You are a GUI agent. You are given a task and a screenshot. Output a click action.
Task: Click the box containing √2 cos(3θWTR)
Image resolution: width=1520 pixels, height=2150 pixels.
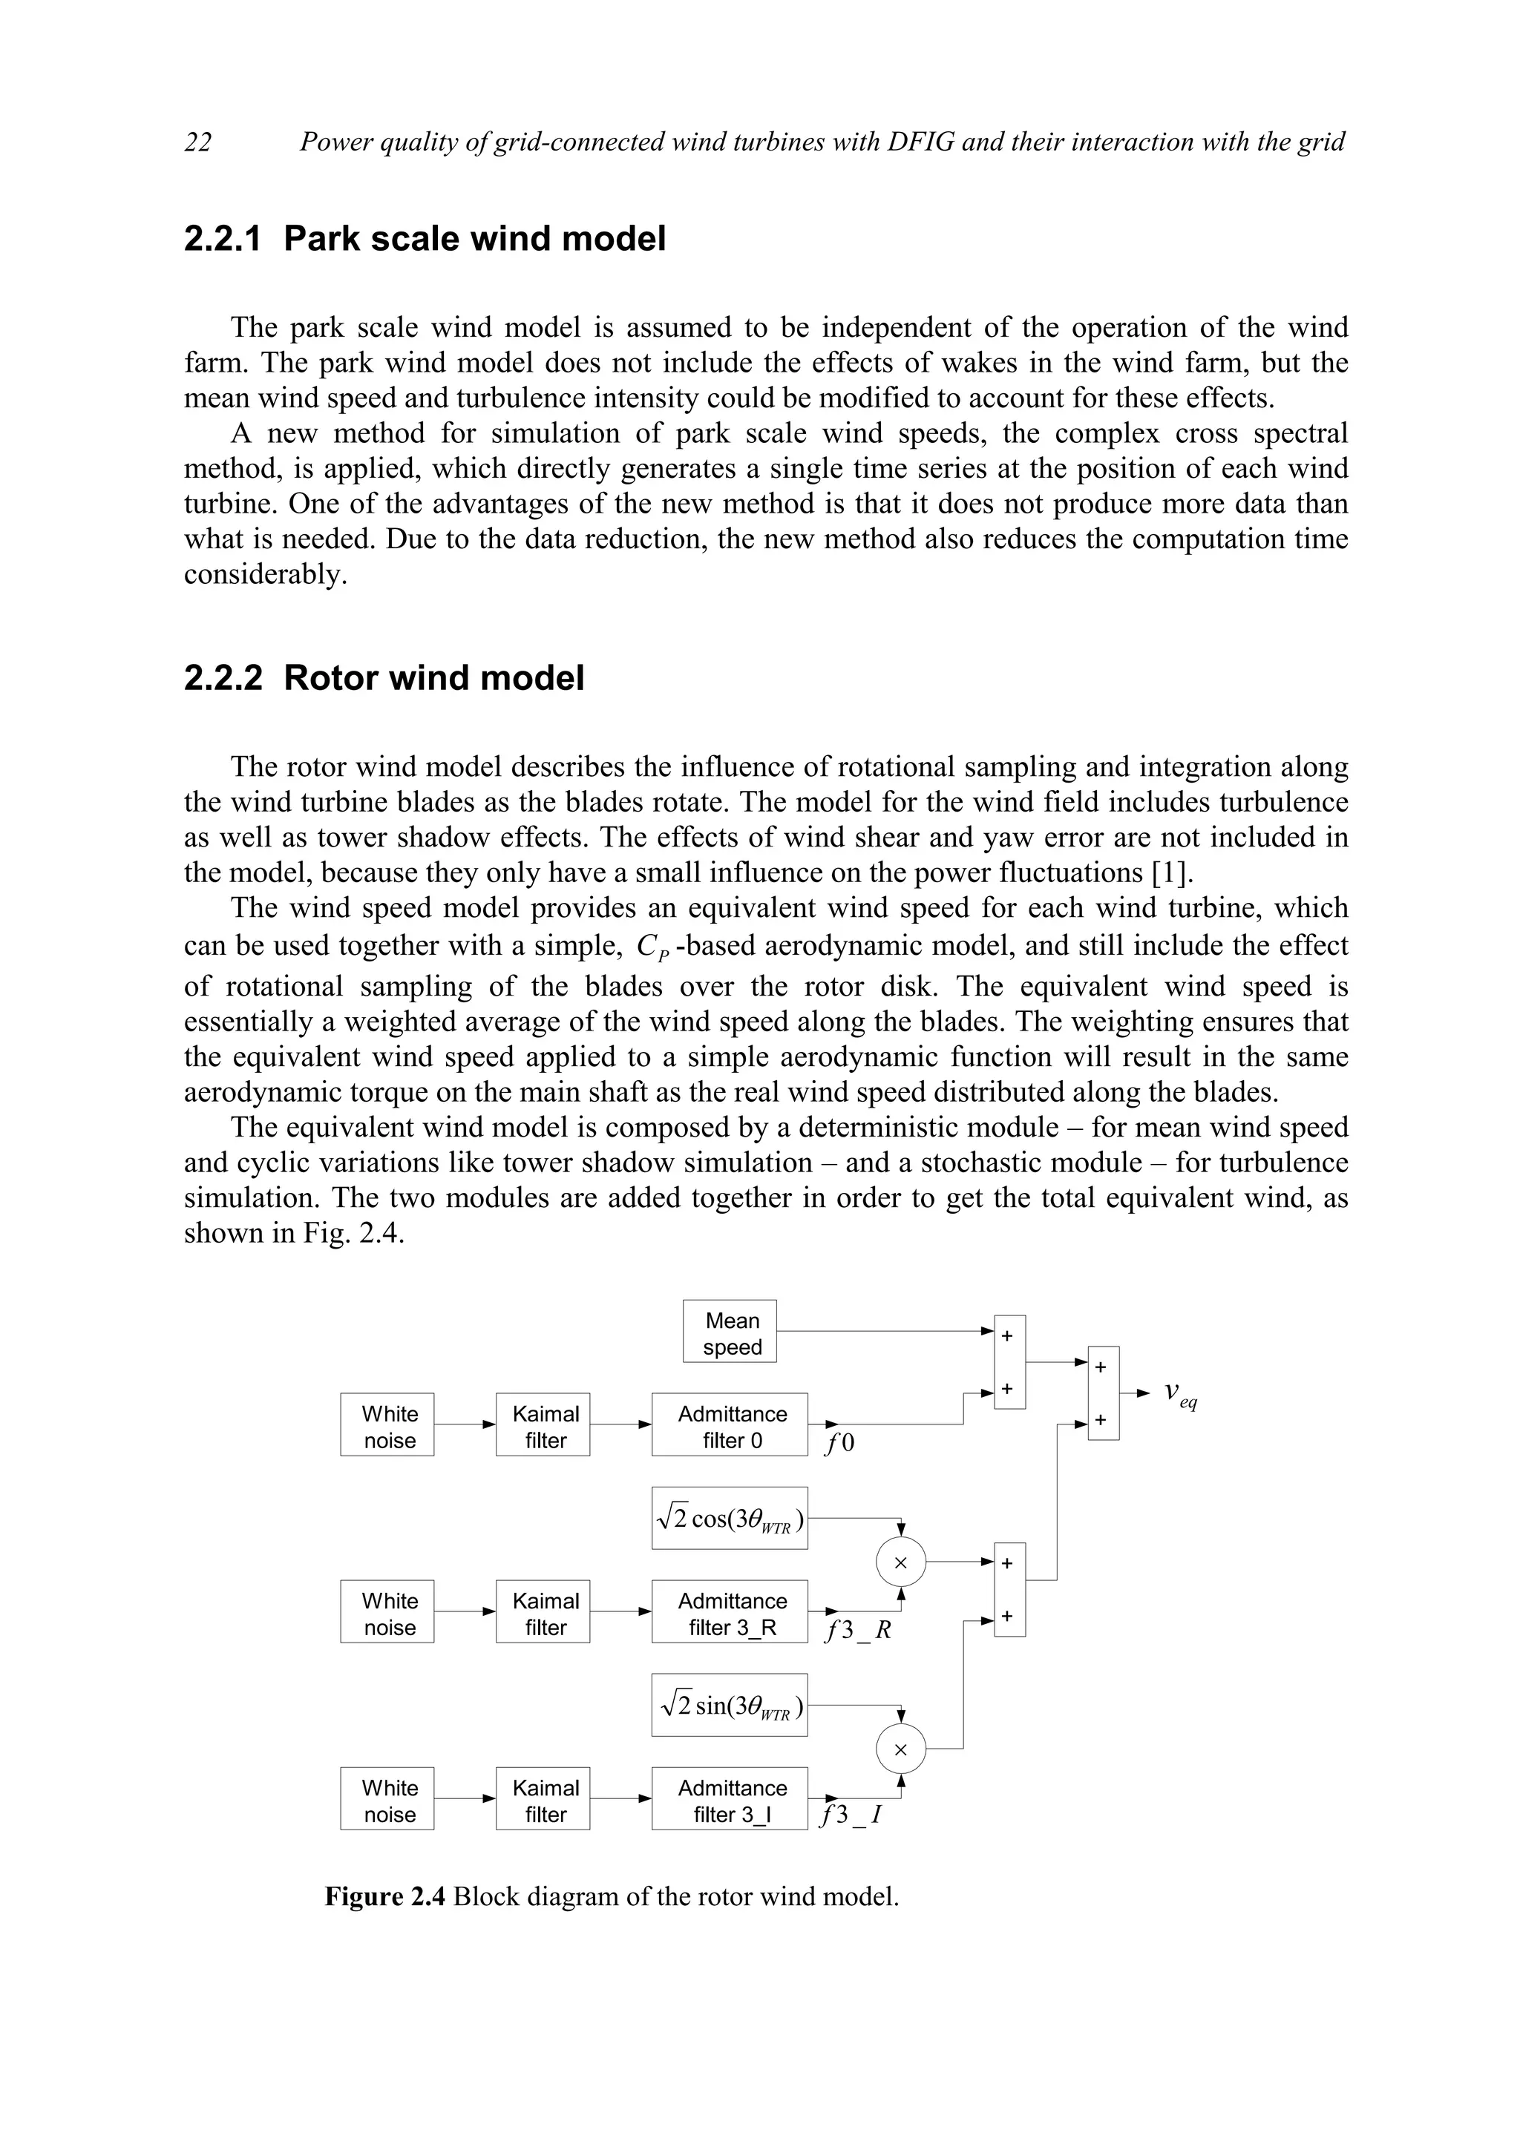[x=730, y=1518]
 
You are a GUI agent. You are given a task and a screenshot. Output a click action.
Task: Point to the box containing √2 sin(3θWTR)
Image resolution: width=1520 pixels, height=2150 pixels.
[x=730, y=1705]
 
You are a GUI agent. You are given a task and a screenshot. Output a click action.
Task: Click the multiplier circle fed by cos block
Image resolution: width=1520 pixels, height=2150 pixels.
[x=900, y=1562]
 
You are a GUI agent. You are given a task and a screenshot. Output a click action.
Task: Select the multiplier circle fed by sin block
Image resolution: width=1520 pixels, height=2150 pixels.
[x=900, y=1749]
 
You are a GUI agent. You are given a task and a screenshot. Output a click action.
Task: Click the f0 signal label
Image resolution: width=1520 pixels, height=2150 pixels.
[x=840, y=1443]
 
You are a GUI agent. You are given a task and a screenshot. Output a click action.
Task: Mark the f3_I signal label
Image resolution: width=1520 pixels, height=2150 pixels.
[x=851, y=1815]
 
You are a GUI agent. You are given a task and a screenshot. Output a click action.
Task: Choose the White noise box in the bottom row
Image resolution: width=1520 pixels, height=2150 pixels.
[x=387, y=1799]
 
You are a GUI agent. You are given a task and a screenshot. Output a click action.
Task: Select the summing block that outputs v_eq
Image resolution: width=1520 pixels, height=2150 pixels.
[x=1103, y=1393]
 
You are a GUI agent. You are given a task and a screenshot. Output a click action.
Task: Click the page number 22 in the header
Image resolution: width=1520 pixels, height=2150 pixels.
[x=197, y=142]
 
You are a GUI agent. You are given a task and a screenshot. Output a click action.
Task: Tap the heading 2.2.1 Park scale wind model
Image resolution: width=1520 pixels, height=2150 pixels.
[x=425, y=239]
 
